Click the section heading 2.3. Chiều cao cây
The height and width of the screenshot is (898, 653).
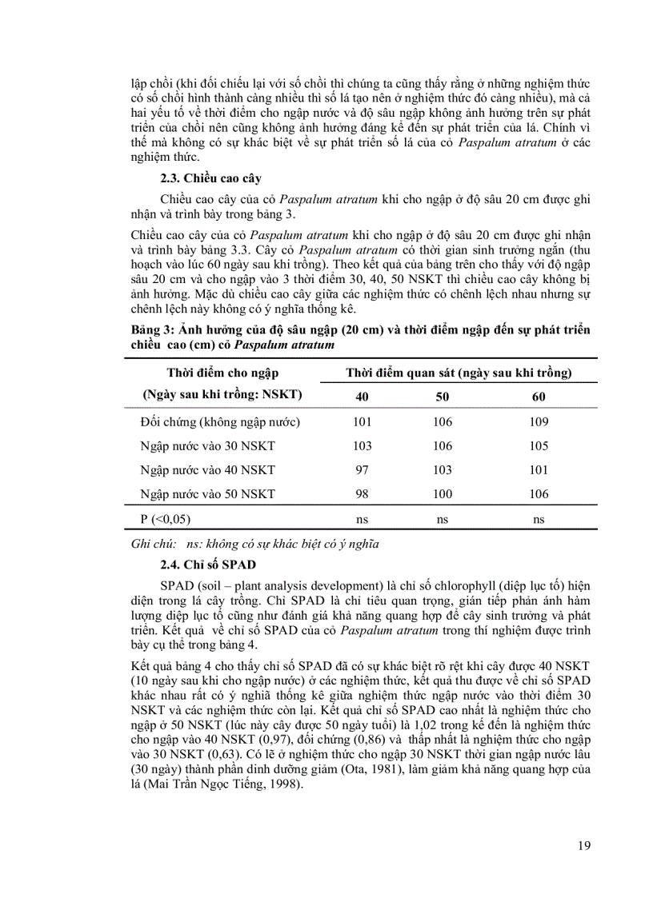(209, 178)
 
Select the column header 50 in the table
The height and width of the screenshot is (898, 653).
(442, 397)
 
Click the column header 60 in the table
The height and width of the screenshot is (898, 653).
(539, 397)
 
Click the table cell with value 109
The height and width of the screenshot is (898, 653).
(539, 422)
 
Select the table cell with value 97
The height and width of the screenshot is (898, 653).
(362, 470)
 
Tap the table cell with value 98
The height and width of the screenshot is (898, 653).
(362, 494)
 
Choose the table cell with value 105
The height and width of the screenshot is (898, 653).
(539, 446)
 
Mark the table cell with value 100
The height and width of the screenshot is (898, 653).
(442, 494)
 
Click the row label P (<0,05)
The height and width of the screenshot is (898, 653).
(166, 519)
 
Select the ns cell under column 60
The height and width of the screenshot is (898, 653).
(539, 519)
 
